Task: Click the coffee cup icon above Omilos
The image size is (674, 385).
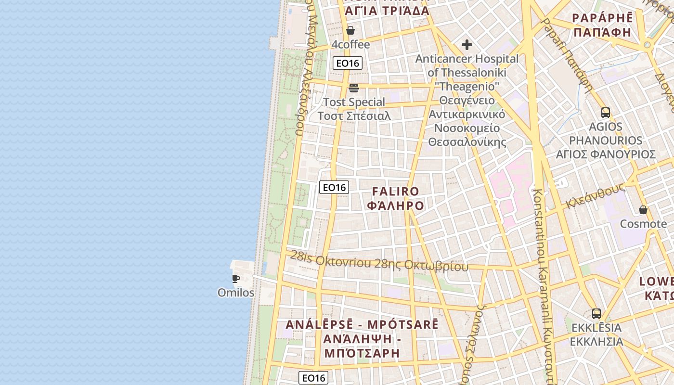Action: pos(236,279)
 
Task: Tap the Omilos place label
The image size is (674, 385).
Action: pos(236,293)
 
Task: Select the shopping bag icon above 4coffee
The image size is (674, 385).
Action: pos(350,31)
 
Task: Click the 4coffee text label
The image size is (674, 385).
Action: pos(350,45)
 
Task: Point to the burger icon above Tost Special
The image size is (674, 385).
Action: pos(354,88)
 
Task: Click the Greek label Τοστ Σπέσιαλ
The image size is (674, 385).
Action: pos(354,116)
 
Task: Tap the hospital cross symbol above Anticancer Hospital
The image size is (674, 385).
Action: pos(467,45)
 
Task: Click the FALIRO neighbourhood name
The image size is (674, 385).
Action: pos(396,192)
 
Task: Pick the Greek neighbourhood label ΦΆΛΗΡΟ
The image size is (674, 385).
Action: pos(396,206)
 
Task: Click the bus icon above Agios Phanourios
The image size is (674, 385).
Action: pos(606,113)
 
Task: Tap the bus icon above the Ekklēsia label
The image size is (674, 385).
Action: pos(596,314)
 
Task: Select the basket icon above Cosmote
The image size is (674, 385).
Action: pos(643,210)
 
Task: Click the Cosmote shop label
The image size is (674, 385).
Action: pos(643,224)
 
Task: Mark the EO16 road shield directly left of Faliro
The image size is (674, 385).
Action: pos(334,187)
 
